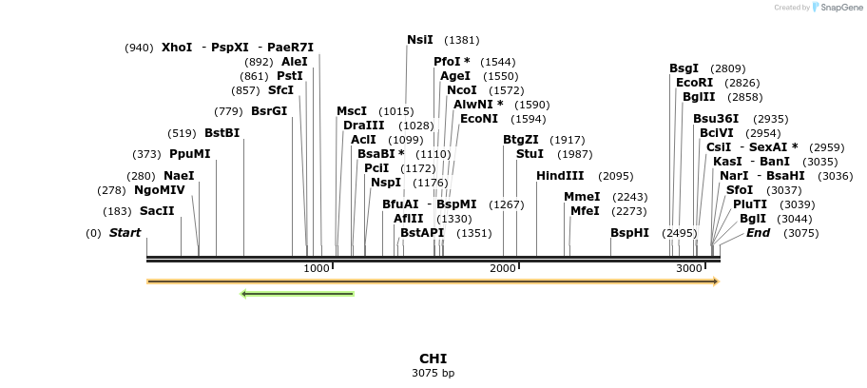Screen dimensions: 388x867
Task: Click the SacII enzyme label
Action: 157,211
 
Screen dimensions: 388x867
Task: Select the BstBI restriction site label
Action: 222,133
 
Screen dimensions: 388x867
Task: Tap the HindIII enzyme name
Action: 560,176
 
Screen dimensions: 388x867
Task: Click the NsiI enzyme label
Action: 419,40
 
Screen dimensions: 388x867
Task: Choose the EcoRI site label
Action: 694,83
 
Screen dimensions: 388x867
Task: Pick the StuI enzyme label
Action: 530,154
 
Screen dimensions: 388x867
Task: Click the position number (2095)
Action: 615,176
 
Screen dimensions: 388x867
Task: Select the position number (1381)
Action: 461,40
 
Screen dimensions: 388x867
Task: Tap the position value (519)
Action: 182,133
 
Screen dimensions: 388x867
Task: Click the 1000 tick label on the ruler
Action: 316,269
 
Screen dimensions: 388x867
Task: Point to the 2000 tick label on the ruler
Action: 502,269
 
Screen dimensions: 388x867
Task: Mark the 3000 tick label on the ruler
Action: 689,269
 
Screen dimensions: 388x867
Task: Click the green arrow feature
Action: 298,294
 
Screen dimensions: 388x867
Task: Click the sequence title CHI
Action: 433,359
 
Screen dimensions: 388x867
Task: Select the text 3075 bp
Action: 433,373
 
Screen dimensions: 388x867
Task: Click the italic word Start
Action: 125,233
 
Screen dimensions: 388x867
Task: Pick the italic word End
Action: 758,233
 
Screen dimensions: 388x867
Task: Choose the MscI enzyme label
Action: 352,111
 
